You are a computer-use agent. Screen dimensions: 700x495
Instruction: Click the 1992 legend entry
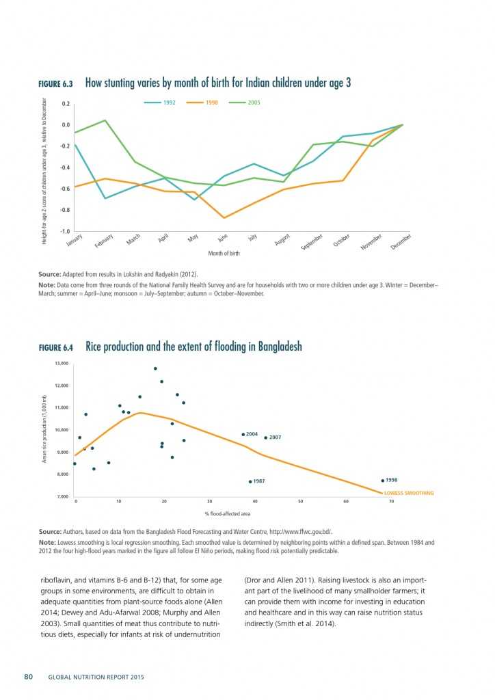(163, 103)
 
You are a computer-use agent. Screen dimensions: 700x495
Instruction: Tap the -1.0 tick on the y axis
(65, 232)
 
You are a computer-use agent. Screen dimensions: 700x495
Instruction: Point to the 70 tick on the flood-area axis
(392, 501)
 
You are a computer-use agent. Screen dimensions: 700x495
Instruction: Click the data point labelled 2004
(243, 434)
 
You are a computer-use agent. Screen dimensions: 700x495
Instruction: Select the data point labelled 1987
(250, 481)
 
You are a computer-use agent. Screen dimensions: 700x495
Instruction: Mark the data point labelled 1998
(383, 481)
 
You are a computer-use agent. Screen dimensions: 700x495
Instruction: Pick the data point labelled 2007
(266, 437)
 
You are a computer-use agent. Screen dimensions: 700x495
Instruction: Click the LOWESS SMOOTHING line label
(408, 493)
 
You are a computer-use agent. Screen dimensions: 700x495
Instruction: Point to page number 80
(29, 677)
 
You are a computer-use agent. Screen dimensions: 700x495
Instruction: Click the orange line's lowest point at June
(223, 217)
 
